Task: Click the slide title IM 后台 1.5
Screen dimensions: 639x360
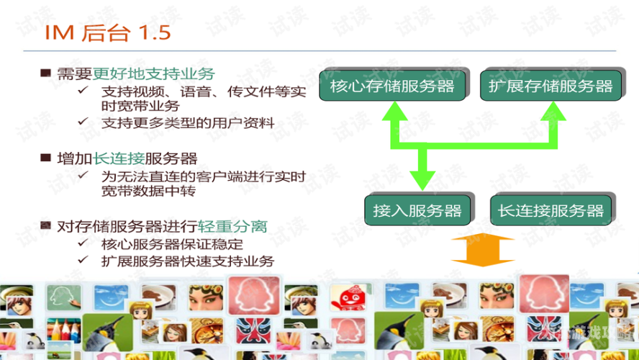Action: coord(108,32)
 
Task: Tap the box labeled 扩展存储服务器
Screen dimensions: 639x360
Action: coord(550,86)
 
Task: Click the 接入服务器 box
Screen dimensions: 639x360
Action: coord(417,210)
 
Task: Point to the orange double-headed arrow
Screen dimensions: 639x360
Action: coord(483,250)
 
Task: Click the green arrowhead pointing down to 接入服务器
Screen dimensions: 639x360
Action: coord(422,180)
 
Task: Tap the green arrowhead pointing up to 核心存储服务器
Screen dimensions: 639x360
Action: coord(394,111)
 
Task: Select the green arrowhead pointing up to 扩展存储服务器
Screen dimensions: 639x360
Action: coord(553,111)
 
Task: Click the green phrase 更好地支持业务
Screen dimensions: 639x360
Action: coord(154,73)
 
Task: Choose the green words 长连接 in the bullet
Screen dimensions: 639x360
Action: coord(119,158)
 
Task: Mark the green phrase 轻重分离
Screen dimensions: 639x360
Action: coord(232,226)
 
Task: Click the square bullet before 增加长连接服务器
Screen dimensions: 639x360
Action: coord(45,158)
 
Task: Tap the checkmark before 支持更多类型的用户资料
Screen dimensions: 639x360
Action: coord(83,121)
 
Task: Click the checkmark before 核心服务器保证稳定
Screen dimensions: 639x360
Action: coord(83,243)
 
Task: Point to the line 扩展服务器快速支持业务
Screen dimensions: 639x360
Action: coord(188,261)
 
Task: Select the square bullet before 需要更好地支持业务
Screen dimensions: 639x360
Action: coord(45,73)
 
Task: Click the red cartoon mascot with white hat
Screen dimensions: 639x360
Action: coord(348,297)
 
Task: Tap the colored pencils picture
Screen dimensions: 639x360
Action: coord(64,330)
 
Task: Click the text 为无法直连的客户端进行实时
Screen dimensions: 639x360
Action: coord(204,176)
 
